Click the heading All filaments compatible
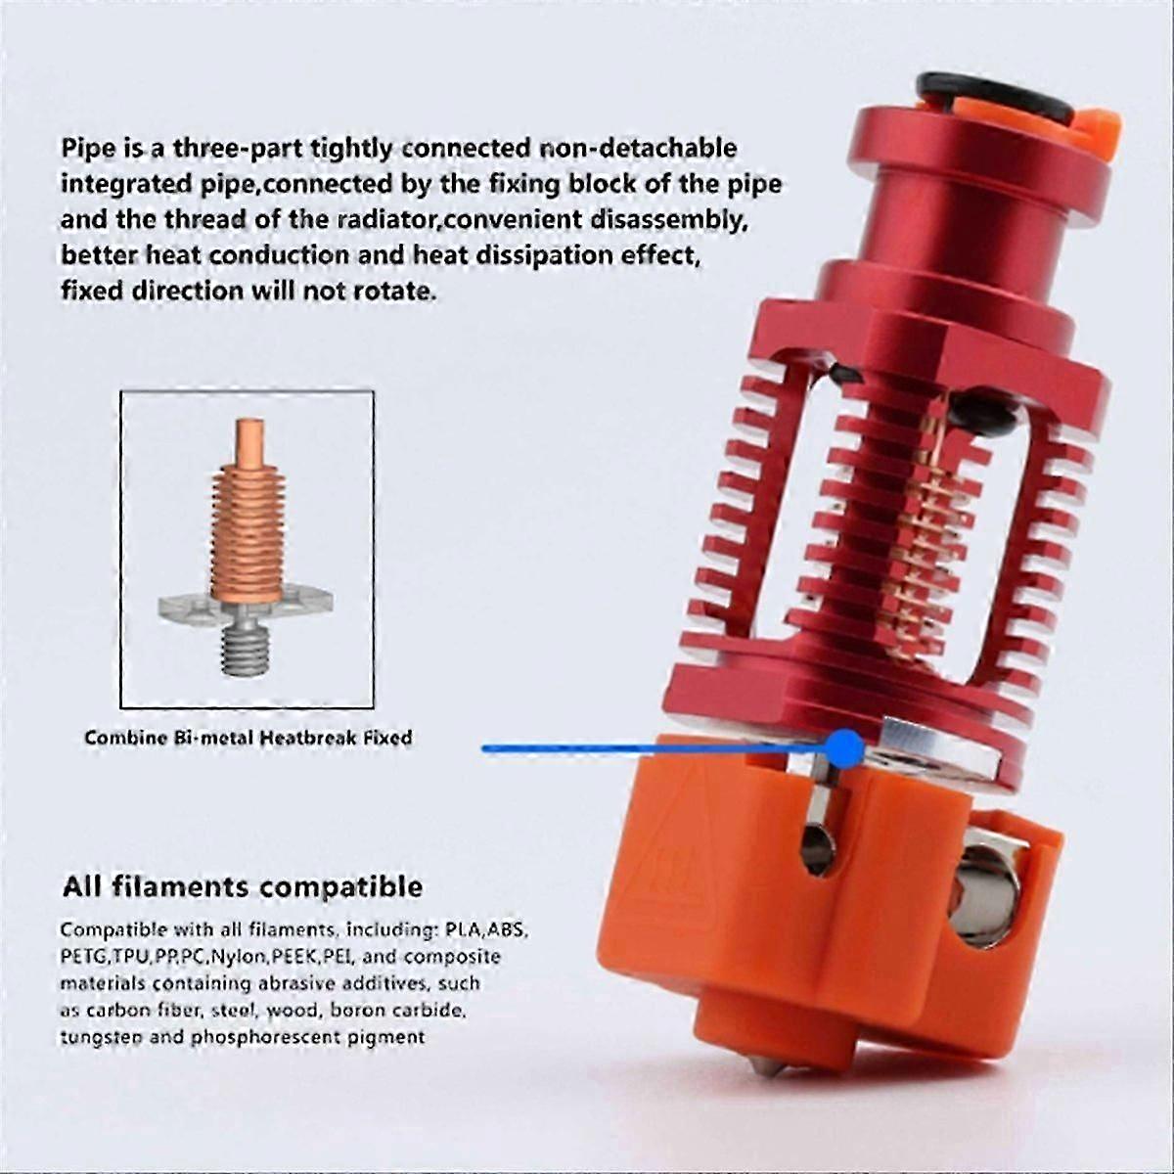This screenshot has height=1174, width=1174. (x=243, y=887)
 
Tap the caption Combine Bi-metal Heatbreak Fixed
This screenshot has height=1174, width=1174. (x=248, y=738)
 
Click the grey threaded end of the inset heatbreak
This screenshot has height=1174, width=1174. (x=247, y=649)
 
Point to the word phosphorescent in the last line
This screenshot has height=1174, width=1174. (x=266, y=1037)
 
